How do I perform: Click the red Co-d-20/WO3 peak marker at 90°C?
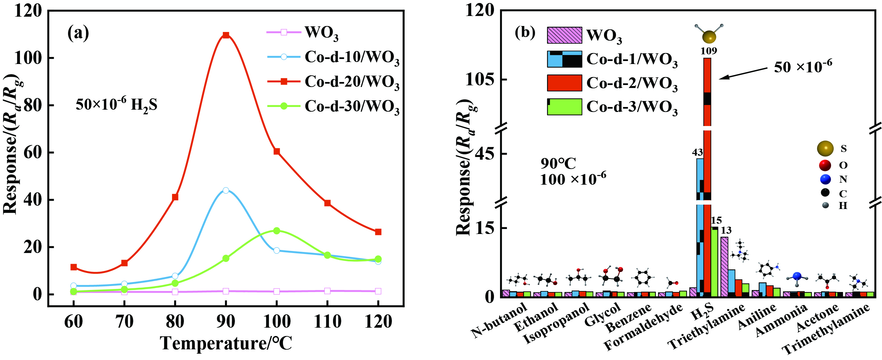(226, 35)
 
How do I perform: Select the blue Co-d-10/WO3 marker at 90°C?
(226, 190)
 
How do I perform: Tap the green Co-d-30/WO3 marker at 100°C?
(277, 231)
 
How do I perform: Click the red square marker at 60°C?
(74, 267)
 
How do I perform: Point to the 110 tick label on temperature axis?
(327, 322)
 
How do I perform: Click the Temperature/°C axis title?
(226, 344)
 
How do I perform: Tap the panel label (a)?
(78, 33)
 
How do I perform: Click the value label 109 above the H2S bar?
(708, 51)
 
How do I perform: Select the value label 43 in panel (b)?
(697, 152)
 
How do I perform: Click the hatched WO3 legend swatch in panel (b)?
(564, 35)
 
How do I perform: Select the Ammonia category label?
(781, 320)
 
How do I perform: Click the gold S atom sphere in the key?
(825, 149)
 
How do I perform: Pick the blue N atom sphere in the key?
(826, 179)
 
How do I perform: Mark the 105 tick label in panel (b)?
(480, 79)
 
